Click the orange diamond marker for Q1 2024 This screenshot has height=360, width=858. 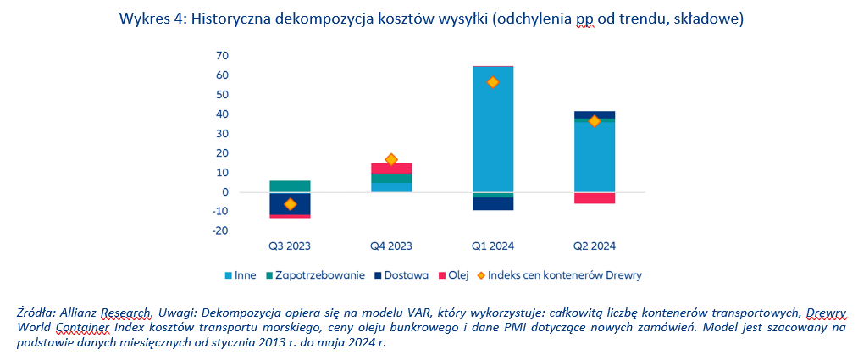click(x=493, y=82)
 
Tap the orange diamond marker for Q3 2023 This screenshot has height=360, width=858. click(x=290, y=204)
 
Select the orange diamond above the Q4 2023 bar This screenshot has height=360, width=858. click(x=391, y=159)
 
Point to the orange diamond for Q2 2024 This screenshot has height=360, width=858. click(x=595, y=121)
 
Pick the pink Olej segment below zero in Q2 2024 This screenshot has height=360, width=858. click(x=595, y=198)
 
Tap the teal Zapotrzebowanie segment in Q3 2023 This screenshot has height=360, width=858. click(x=290, y=186)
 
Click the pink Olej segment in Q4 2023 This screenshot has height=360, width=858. click(x=391, y=169)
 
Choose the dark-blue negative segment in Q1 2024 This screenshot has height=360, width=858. click(x=493, y=203)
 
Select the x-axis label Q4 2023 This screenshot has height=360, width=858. click(x=391, y=246)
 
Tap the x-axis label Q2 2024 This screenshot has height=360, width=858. click(x=595, y=246)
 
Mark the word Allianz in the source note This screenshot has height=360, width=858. click(x=86, y=313)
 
